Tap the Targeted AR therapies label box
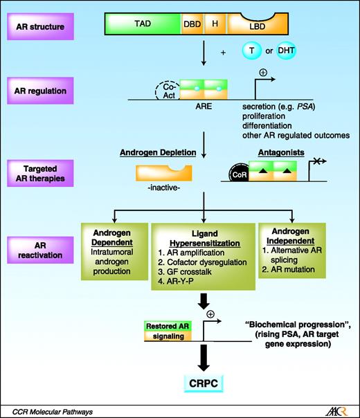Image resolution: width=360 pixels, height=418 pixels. click(44, 170)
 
